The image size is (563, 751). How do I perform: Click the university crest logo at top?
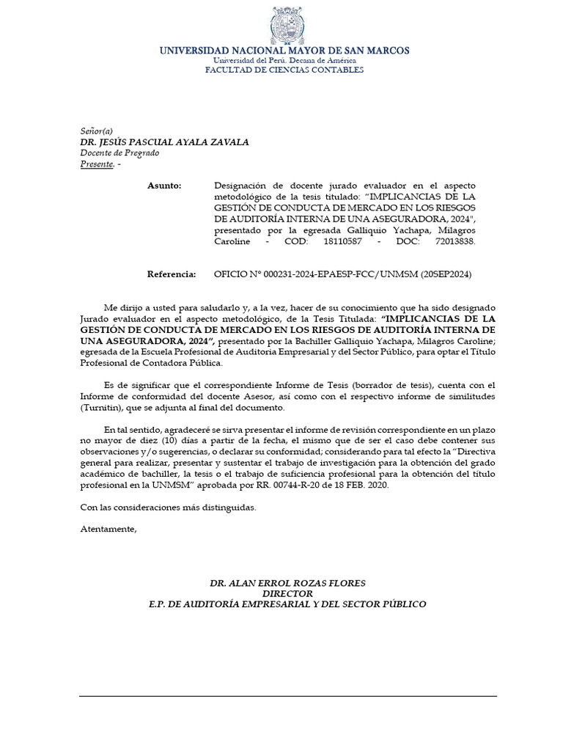[284, 25]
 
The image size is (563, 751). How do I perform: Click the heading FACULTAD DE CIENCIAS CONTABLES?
[284, 70]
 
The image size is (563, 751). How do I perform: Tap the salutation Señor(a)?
[96, 131]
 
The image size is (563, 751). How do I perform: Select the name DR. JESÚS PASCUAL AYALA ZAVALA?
[164, 142]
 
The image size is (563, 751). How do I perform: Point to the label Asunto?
[164, 186]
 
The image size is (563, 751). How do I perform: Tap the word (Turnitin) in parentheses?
[103, 408]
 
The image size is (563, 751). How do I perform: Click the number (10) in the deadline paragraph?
[171, 440]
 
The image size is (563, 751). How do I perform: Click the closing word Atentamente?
[108, 529]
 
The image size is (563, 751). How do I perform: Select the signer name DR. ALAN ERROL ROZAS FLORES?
[287, 583]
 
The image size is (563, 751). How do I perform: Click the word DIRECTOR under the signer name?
[287, 593]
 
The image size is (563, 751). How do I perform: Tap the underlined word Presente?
[96, 164]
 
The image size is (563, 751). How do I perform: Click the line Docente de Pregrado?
[119, 153]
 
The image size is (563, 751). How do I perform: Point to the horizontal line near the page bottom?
[287, 695]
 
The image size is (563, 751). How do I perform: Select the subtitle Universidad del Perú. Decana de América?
[284, 60]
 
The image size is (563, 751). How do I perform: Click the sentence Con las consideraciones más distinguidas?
[168, 507]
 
